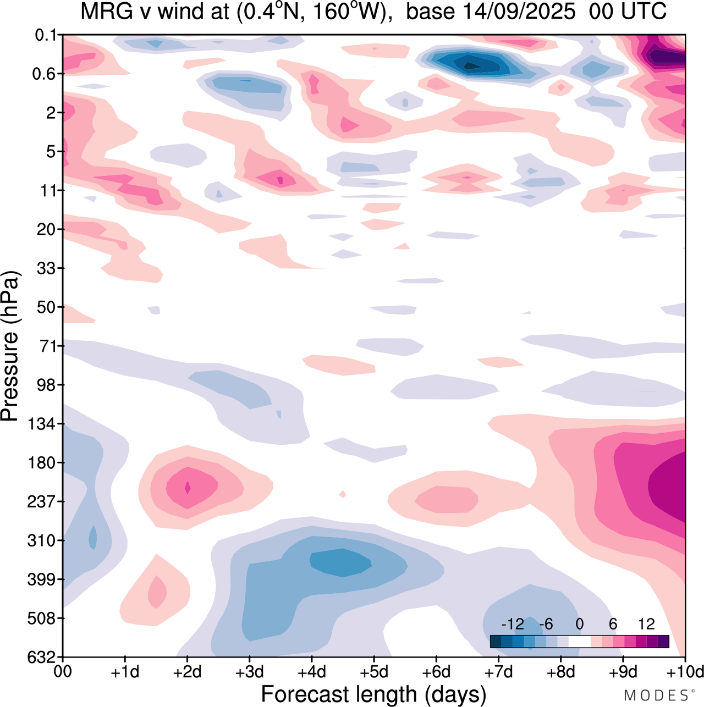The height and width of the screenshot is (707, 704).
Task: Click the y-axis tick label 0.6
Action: tap(45, 74)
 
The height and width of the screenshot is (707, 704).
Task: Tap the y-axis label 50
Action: tap(46, 307)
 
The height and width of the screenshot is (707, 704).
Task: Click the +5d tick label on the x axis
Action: tap(374, 672)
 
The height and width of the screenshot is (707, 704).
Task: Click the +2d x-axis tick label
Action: tap(187, 672)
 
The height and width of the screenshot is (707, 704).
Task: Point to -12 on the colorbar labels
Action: tap(513, 624)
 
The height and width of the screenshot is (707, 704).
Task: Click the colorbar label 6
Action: tap(613, 624)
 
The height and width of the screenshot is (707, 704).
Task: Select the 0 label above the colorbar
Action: tap(579, 624)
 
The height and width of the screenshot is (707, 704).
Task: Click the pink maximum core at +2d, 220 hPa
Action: tap(188, 488)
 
